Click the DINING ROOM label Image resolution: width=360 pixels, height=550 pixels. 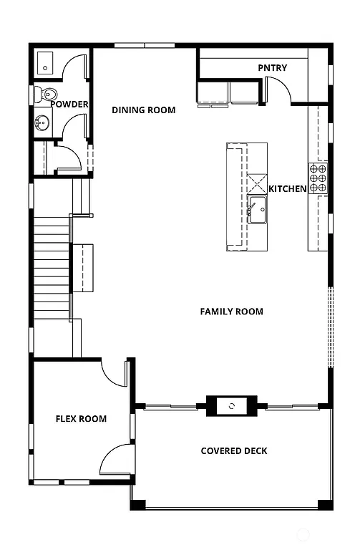click(143, 110)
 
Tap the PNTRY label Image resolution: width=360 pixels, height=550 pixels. click(272, 68)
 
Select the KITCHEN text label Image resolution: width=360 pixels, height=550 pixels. click(288, 189)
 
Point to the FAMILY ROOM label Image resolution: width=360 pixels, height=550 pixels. click(231, 312)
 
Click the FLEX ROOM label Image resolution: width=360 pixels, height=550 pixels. click(81, 419)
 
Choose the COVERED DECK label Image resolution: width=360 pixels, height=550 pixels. click(234, 451)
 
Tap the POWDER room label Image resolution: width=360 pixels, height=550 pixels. click(69, 105)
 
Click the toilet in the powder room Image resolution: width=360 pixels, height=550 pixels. click(47, 94)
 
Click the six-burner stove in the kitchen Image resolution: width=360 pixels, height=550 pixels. click(318, 178)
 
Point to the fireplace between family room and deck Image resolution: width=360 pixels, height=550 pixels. click(231, 406)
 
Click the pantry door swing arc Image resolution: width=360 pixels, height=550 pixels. click(278, 90)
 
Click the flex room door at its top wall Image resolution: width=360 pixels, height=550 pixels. click(115, 372)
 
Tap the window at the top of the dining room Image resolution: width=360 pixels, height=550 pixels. click(145, 46)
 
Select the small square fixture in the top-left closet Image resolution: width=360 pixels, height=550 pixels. click(46, 63)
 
